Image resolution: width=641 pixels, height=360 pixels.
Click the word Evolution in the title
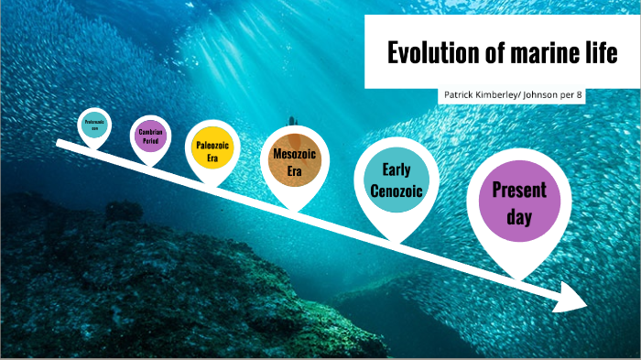click(x=429, y=53)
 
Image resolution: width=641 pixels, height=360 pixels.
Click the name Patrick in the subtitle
click(x=459, y=95)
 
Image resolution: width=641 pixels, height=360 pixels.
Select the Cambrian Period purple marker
click(x=150, y=136)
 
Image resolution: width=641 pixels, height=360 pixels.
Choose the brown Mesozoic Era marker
click(x=294, y=161)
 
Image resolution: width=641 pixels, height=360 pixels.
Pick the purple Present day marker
click(x=518, y=202)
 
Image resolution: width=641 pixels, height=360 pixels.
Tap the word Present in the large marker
click(x=518, y=191)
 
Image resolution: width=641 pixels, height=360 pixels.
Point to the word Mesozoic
click(x=294, y=154)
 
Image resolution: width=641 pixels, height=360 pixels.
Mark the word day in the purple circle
click(x=518, y=219)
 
